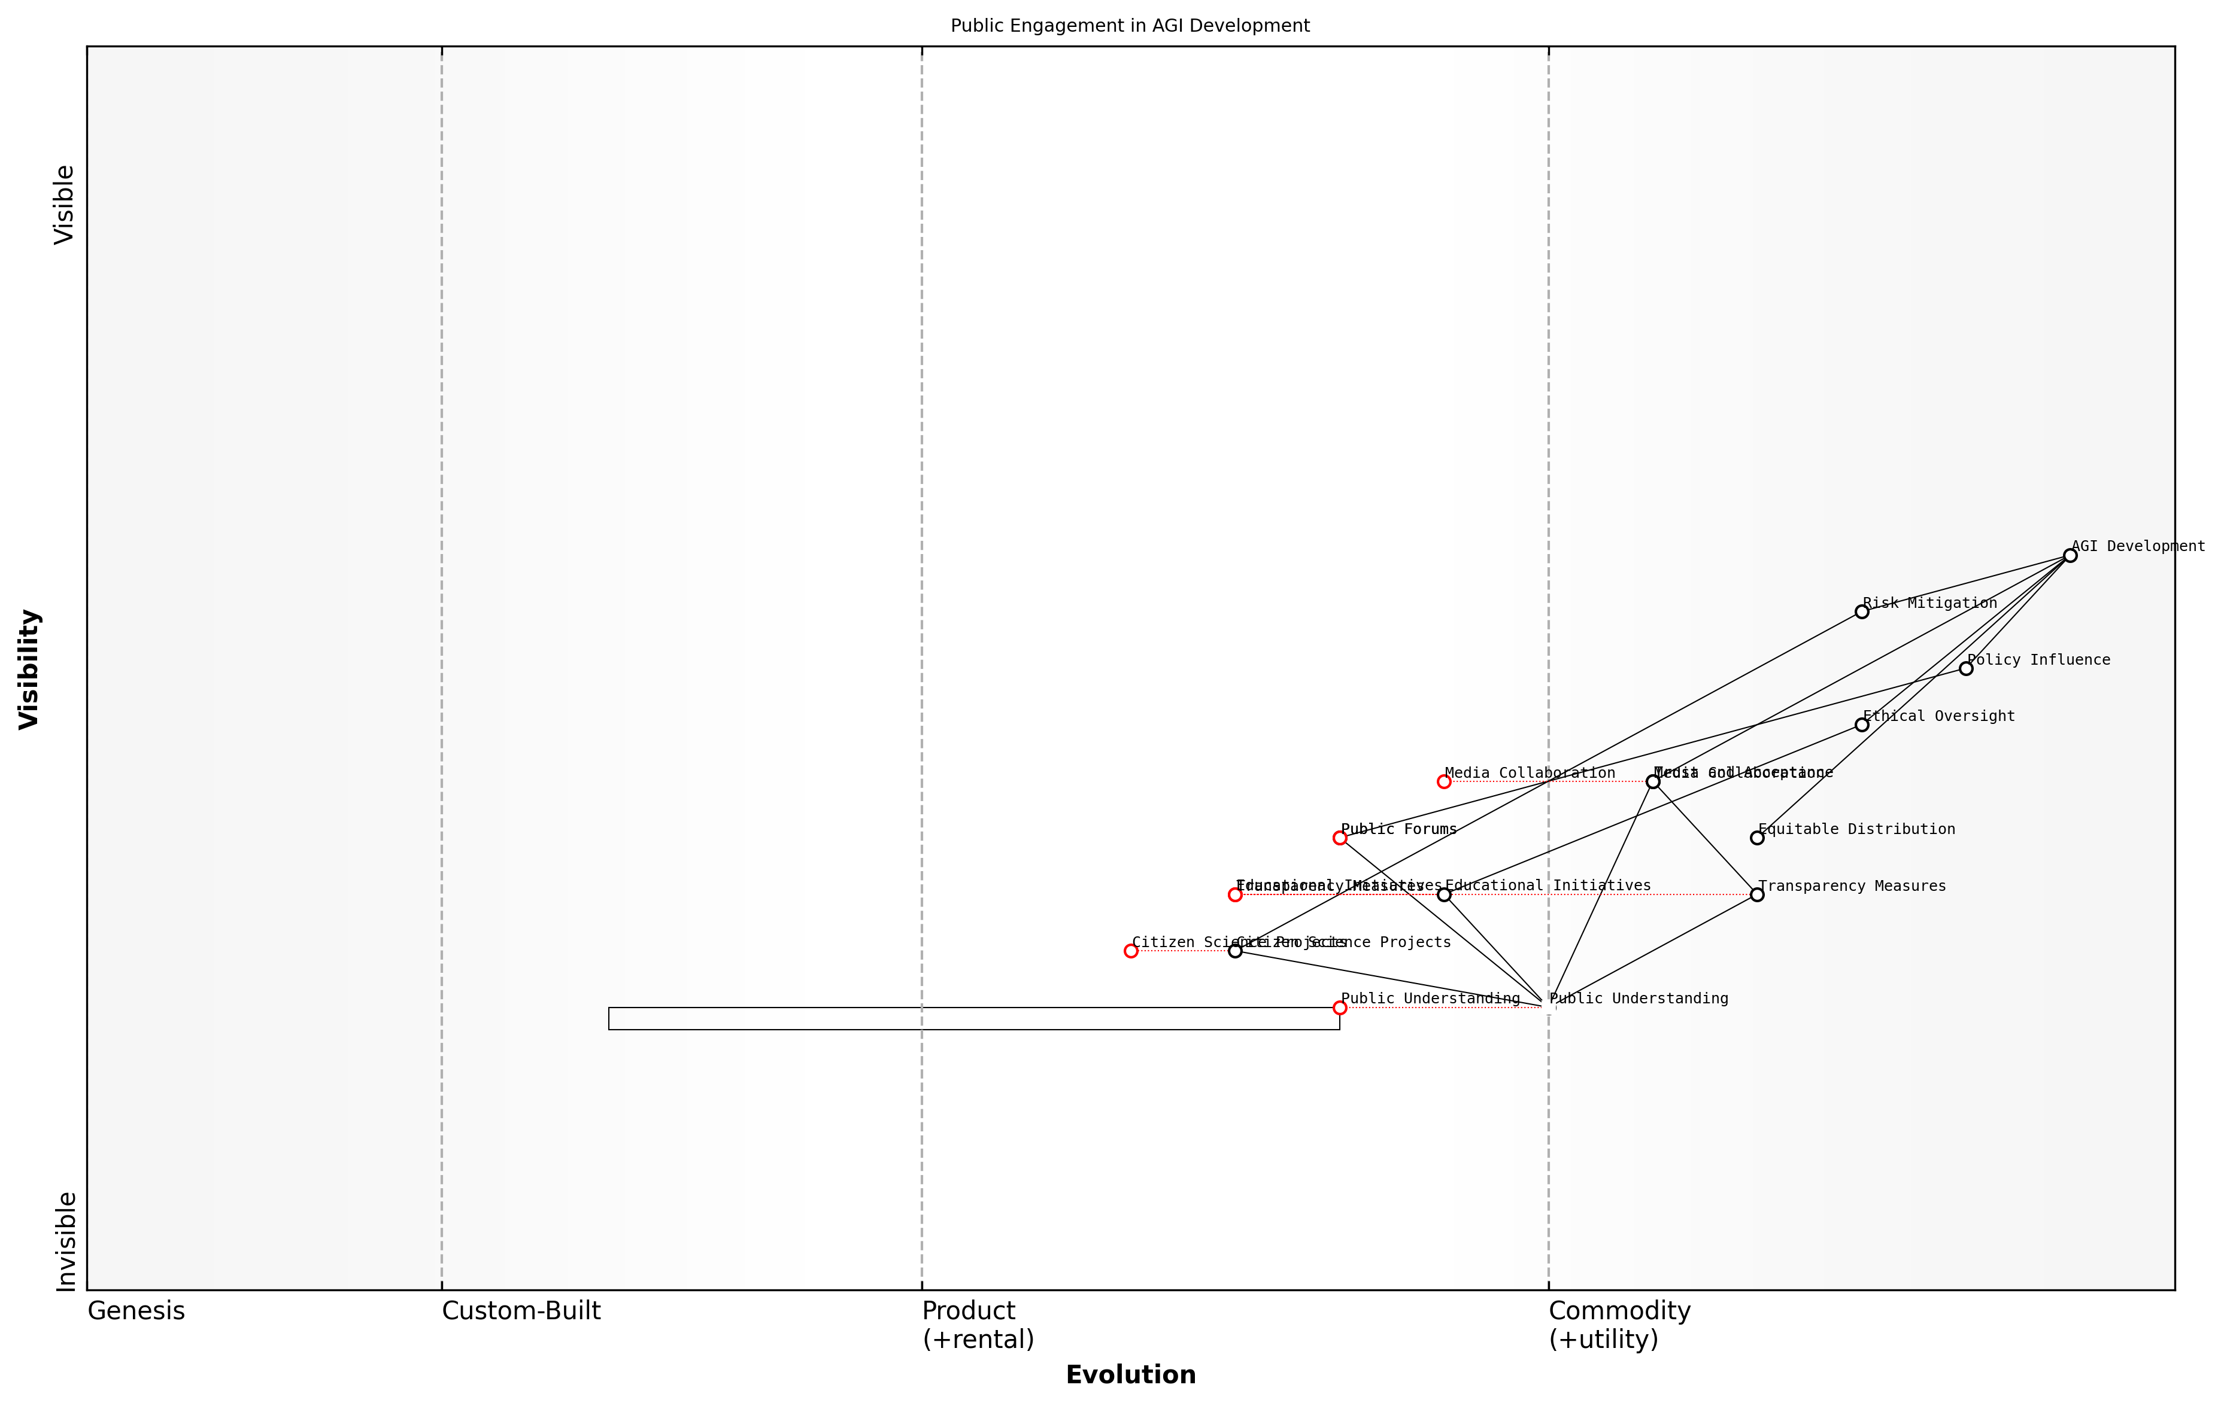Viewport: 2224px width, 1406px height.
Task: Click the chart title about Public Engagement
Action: click(x=1130, y=26)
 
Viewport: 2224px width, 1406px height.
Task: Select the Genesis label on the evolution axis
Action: click(x=136, y=1311)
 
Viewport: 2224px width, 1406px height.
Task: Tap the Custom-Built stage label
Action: click(x=521, y=1311)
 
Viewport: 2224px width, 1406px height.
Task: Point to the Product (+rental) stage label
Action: click(x=977, y=1325)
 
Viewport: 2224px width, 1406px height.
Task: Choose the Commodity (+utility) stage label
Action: click(x=1619, y=1325)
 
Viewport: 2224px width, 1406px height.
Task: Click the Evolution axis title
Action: click(x=1130, y=1375)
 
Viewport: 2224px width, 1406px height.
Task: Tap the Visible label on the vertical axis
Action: click(x=63, y=205)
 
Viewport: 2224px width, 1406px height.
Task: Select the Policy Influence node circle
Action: click(x=1965, y=668)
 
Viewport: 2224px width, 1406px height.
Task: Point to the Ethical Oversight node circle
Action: click(x=1861, y=725)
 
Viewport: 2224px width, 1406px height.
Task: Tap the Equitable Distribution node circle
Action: click(x=1756, y=838)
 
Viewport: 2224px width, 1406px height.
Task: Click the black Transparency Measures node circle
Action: click(x=1756, y=894)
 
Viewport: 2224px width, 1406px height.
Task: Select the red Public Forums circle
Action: click(x=1339, y=838)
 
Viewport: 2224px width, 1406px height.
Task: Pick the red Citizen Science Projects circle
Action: click(x=1130, y=951)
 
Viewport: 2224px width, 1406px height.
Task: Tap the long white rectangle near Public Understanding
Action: click(x=973, y=1018)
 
